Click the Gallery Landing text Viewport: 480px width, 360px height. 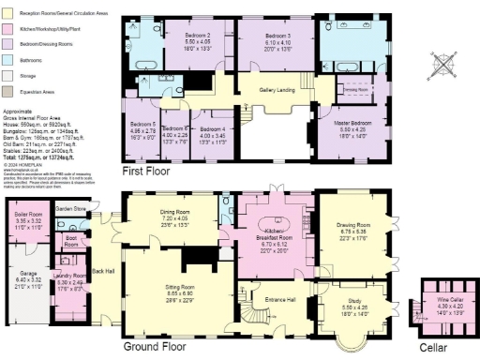click(x=277, y=90)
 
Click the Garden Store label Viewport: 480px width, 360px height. click(x=69, y=208)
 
